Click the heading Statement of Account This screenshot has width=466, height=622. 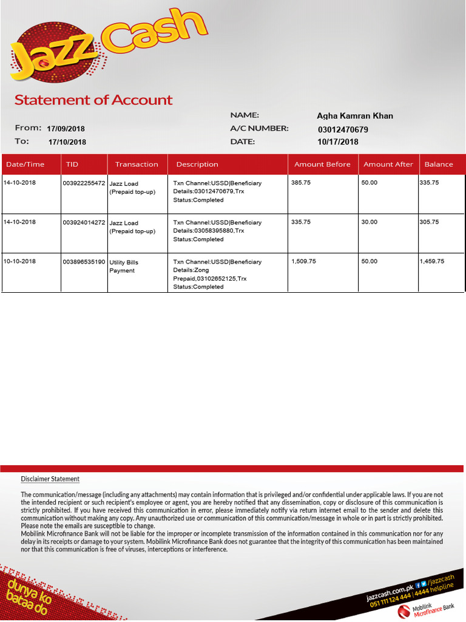93,100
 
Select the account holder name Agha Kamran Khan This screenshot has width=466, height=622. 355,116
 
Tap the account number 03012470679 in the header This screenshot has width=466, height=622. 343,129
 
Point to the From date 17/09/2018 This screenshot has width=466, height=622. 66,129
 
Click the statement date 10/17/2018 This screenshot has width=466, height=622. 338,142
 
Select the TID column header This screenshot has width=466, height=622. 72,164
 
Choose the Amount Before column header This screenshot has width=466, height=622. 322,164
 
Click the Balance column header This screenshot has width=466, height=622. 439,164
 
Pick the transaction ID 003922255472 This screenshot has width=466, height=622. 84,183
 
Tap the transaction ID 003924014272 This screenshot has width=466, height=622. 84,222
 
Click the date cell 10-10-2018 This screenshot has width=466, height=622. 19,261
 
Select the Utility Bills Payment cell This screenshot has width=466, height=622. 124,266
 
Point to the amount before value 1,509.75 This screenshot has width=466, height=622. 303,261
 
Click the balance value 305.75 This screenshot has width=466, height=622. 429,222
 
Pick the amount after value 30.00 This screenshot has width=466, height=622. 369,222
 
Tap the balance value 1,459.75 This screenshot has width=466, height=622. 432,261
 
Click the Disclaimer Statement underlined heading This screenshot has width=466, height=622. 50,479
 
